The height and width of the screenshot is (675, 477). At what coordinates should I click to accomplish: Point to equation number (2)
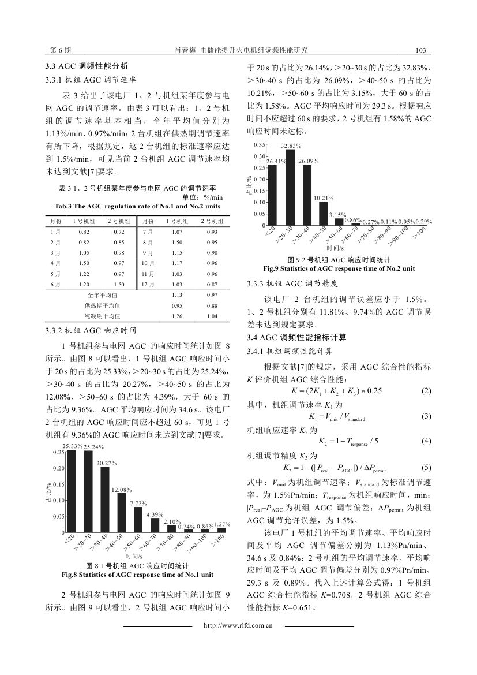pyautogui.click(x=426, y=391)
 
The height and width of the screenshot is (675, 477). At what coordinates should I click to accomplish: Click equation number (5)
pyautogui.click(x=426, y=467)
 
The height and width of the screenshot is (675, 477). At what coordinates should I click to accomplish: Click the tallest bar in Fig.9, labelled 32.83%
pyautogui.click(x=290, y=187)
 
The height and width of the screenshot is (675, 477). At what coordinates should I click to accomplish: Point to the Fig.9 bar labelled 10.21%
pyautogui.click(x=323, y=213)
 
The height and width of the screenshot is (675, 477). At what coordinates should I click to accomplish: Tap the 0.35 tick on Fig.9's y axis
pyautogui.click(x=260, y=144)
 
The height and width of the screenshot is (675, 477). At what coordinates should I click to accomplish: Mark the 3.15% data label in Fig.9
pyautogui.click(x=337, y=215)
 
